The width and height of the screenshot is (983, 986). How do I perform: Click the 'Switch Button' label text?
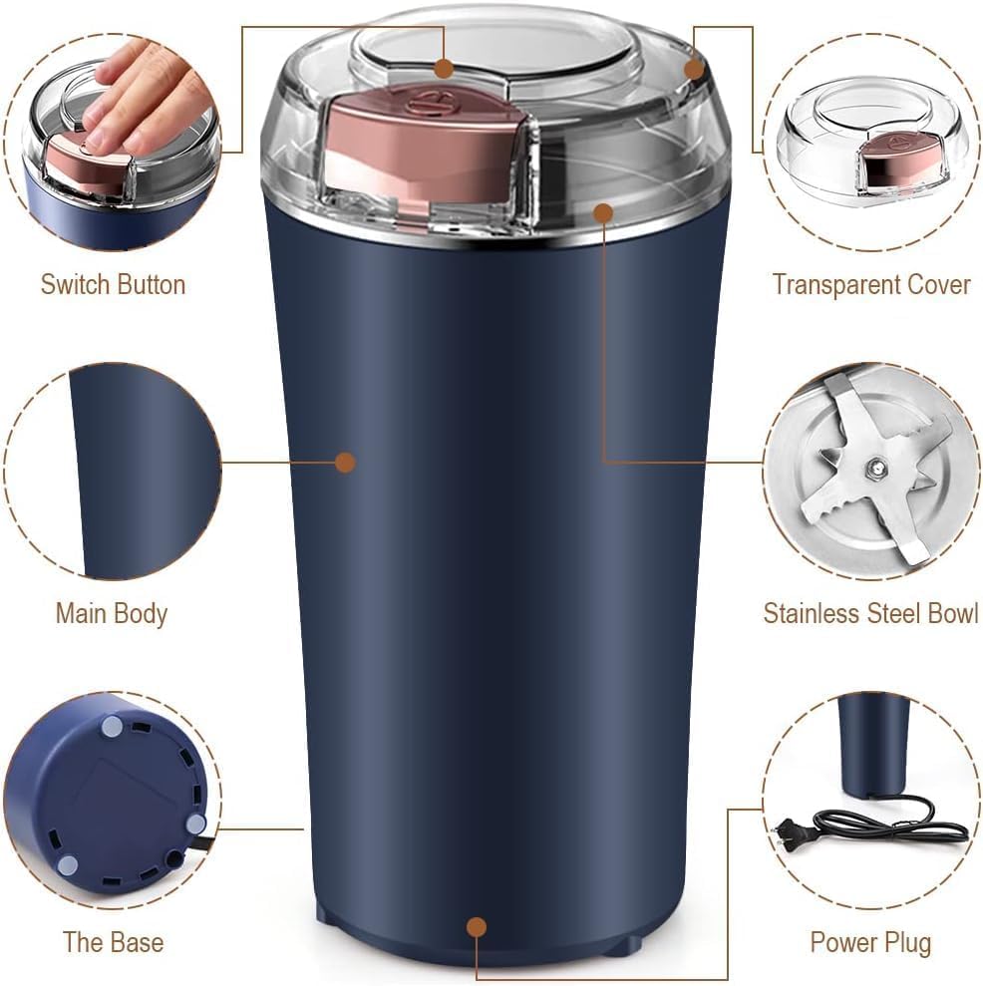(113, 284)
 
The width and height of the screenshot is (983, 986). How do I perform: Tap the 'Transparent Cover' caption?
(870, 284)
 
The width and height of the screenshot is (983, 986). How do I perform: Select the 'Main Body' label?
(111, 613)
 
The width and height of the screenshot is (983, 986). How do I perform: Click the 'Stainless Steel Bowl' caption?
(870, 613)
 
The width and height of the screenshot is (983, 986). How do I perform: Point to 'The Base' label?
(113, 941)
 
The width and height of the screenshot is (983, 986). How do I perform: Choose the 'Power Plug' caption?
(870, 941)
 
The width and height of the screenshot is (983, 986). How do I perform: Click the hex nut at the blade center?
(874, 465)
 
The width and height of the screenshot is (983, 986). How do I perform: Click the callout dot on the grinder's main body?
(345, 462)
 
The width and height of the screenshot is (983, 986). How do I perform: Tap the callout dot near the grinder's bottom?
(477, 927)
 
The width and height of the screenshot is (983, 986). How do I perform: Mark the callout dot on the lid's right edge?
(695, 69)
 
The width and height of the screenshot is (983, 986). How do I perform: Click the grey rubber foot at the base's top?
(112, 729)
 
